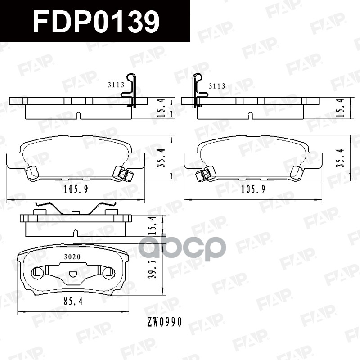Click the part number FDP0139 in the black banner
tap(96, 22)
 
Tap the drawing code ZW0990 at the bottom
tap(163, 322)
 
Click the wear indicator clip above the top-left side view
tap(131, 90)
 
